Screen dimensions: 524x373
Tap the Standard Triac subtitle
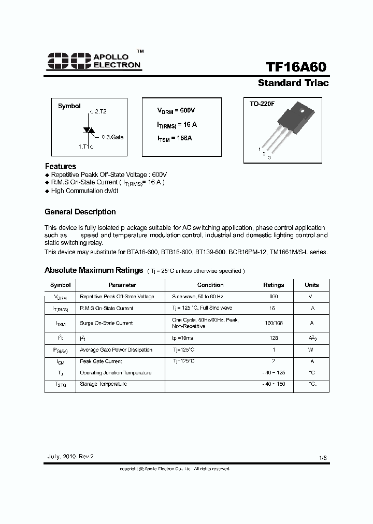coord(293,83)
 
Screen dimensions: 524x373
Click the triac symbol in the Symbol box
coord(89,130)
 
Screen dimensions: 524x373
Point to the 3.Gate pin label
coord(112,137)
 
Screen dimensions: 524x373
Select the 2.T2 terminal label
coord(98,111)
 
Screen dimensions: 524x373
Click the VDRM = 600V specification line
coord(176,111)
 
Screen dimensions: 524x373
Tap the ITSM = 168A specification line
coord(175,138)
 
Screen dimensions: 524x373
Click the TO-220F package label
coord(262,104)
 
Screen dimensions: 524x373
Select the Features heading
coord(61,166)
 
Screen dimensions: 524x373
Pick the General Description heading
coord(80,212)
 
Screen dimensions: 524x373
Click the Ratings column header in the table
coord(274,285)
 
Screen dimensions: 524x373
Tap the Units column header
coord(312,285)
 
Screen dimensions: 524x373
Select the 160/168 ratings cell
coord(274,323)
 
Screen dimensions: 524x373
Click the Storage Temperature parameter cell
coord(103,384)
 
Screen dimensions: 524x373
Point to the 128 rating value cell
coord(274,338)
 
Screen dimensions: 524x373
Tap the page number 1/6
coord(323,458)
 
